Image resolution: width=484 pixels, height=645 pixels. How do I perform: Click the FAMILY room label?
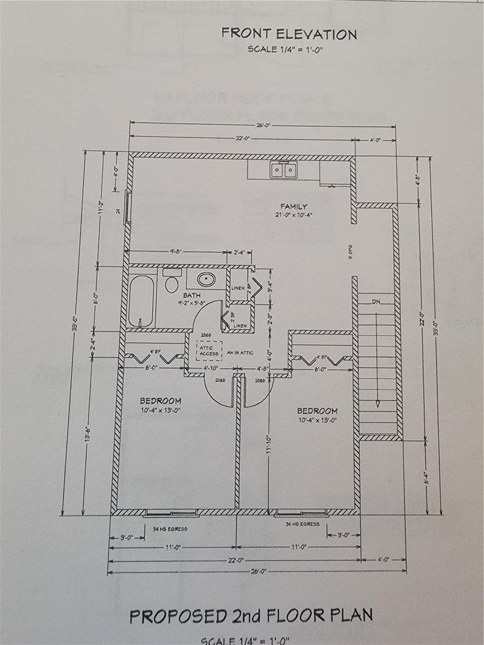pyautogui.click(x=294, y=206)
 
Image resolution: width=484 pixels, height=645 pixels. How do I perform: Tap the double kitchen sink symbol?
pyautogui.click(x=283, y=170)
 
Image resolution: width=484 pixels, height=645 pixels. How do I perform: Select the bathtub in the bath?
pyautogui.click(x=141, y=300)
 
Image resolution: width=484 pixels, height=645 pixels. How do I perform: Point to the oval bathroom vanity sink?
pyautogui.click(x=205, y=279)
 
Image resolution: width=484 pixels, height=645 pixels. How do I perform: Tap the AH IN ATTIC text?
pyautogui.click(x=240, y=353)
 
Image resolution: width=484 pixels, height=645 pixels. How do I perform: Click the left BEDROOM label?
pyautogui.click(x=160, y=401)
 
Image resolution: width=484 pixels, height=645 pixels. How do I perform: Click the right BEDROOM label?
pyautogui.click(x=318, y=411)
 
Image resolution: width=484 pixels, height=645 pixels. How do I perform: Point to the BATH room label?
pyautogui.click(x=191, y=296)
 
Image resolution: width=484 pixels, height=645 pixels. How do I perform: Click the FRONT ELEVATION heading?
pyautogui.click(x=289, y=34)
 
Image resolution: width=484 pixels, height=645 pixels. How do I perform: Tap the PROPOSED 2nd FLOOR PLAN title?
pyautogui.click(x=251, y=615)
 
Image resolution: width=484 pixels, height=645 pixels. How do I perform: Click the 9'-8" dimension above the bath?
pyautogui.click(x=177, y=250)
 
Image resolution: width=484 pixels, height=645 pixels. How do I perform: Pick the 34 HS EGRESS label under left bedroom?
pyautogui.click(x=170, y=529)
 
